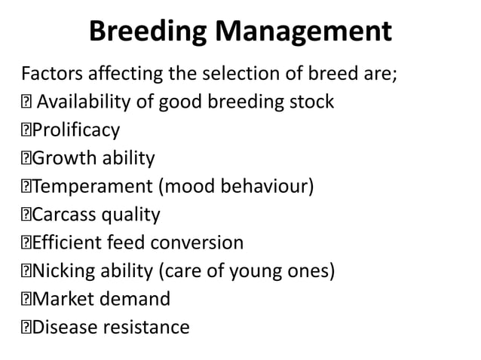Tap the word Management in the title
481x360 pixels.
[x=303, y=32]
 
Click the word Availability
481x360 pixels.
[x=90, y=102]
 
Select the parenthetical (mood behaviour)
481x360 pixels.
[x=234, y=187]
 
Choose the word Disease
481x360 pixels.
[x=63, y=328]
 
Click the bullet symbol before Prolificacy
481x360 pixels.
[x=26, y=131]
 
